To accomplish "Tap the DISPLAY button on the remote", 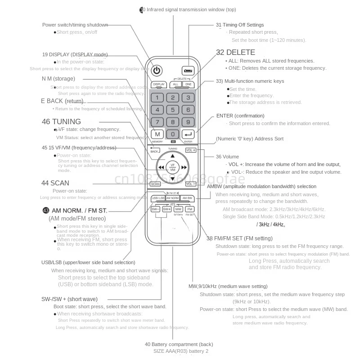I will (158, 84).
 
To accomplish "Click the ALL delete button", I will (175, 84).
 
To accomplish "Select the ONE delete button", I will (188, 84).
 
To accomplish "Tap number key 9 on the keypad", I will (188, 121).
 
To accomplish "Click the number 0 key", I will (173, 134).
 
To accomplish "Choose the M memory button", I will (157, 134).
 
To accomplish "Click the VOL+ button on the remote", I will (190, 150).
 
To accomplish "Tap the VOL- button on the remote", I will (190, 184).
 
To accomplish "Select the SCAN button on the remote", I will (155, 184).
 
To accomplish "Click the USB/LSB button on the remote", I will (158, 198).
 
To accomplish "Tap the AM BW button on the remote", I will (187, 198).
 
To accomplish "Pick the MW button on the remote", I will (178, 209).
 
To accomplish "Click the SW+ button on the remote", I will (166, 209).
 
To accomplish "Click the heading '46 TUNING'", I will (61, 121).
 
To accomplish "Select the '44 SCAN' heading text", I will (55, 183).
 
